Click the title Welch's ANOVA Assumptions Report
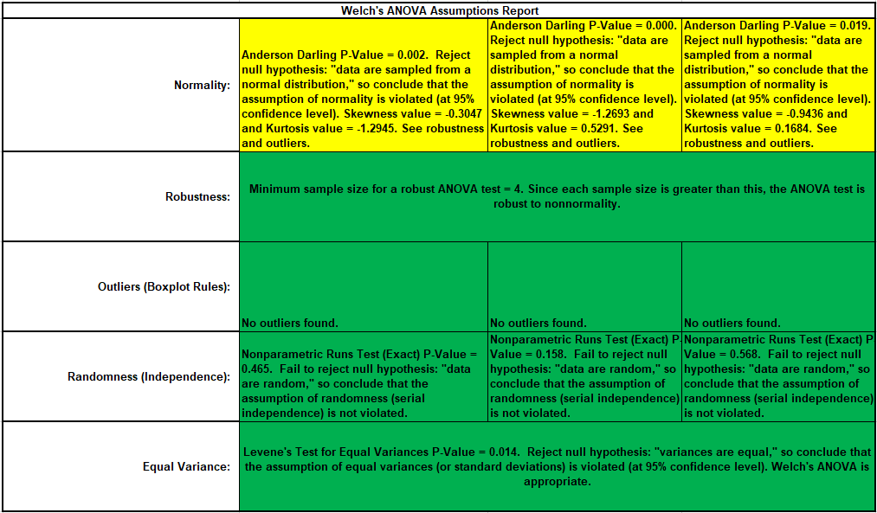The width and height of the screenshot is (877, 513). pyautogui.click(x=440, y=10)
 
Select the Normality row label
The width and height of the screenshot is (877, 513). pyautogui.click(x=202, y=86)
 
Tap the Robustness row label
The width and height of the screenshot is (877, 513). pyautogui.click(x=197, y=196)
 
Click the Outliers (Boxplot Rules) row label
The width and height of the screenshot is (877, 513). pyautogui.click(x=164, y=286)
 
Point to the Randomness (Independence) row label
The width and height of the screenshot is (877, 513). pyautogui.click(x=149, y=376)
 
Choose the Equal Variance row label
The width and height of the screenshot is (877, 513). pyautogui.click(x=186, y=466)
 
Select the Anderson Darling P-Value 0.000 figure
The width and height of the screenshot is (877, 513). pyautogui.click(x=660, y=26)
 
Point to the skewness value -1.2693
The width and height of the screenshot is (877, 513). pyautogui.click(x=625, y=113)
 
